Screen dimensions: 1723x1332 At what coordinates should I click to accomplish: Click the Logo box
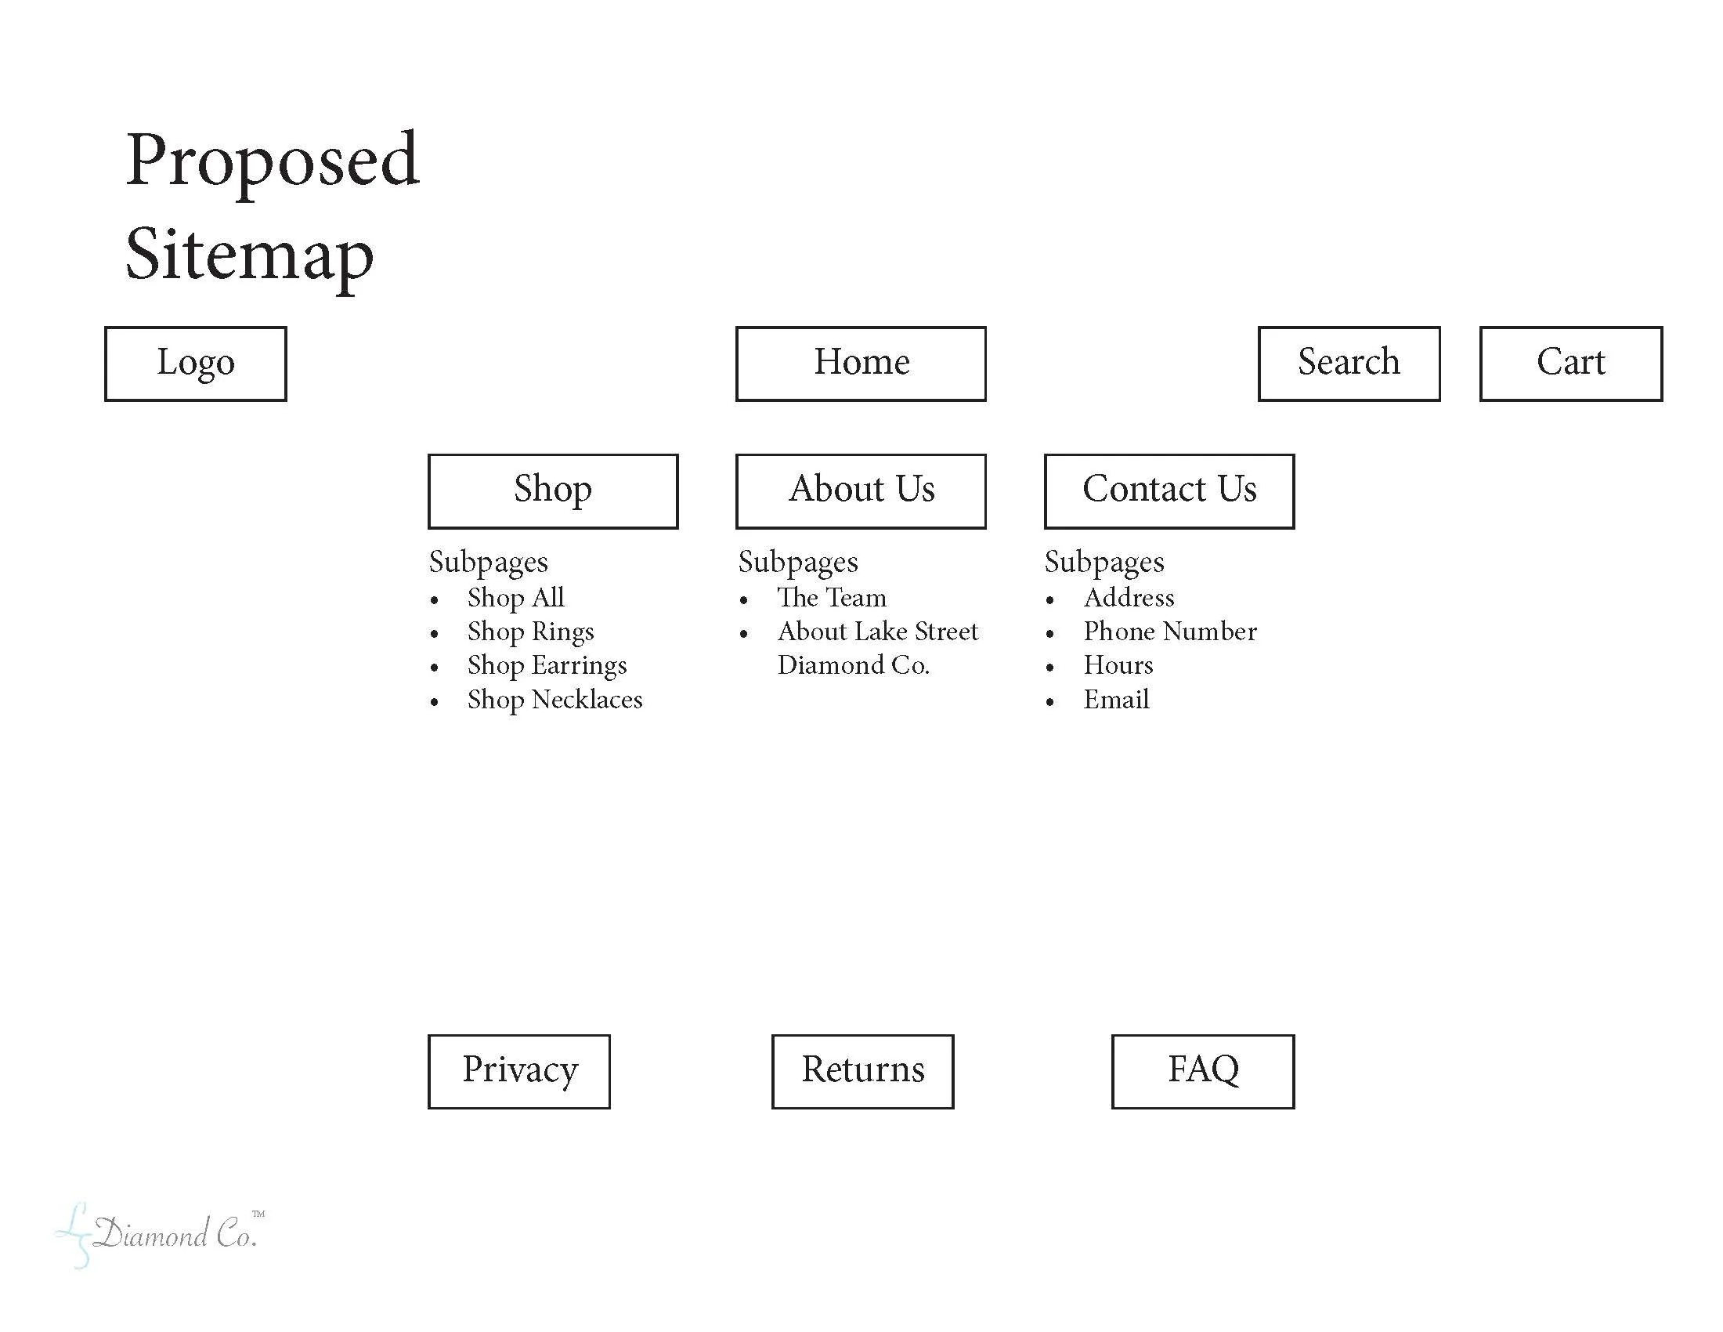tap(196, 364)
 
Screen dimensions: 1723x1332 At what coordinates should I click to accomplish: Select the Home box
tap(861, 364)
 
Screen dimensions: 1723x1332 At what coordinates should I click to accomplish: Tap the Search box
tap(1349, 364)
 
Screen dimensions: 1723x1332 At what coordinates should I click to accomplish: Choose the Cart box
tap(1571, 364)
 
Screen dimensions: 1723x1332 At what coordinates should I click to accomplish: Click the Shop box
tap(553, 490)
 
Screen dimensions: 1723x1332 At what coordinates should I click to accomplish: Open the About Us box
tap(861, 490)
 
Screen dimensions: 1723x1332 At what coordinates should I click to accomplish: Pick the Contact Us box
tap(1169, 490)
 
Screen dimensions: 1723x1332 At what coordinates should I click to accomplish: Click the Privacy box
tap(519, 1071)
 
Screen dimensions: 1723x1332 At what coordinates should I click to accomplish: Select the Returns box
tap(862, 1071)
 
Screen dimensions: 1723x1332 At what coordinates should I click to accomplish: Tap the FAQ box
tap(1203, 1071)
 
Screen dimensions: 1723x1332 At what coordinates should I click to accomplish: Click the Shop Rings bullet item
tap(530, 632)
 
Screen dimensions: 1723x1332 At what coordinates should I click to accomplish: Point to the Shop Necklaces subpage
tap(554, 700)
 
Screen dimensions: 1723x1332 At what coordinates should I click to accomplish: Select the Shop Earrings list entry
tap(547, 666)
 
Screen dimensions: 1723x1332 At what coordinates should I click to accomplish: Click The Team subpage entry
tap(832, 598)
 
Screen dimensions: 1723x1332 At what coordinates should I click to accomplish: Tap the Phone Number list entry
tap(1170, 632)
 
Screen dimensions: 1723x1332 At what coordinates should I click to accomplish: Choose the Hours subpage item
tap(1118, 666)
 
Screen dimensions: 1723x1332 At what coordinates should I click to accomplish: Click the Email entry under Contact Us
tap(1115, 700)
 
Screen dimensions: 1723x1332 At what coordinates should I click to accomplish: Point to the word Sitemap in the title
tap(249, 255)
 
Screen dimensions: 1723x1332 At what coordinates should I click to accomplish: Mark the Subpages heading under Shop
tap(489, 563)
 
